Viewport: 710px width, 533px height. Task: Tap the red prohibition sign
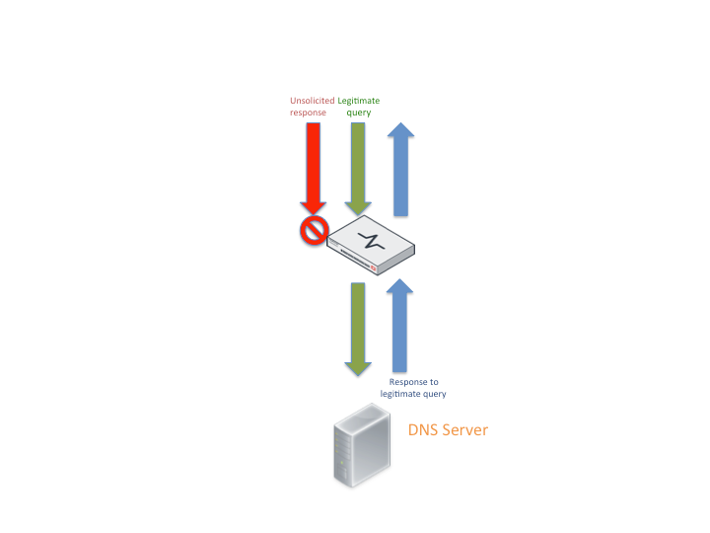[x=314, y=232]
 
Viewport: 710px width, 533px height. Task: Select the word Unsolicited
[x=312, y=101]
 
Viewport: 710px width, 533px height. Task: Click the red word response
[x=308, y=113]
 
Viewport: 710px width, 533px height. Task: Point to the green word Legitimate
[x=359, y=101]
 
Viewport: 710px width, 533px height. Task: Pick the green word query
[x=359, y=113]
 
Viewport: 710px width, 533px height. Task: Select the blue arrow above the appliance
[x=400, y=173]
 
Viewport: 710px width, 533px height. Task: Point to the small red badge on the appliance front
[x=374, y=266]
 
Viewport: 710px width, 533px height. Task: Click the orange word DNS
[x=424, y=430]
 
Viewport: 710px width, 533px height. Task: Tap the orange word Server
[x=464, y=430]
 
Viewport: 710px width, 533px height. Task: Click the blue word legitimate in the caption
[x=401, y=394]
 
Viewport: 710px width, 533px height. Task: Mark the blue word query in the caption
[x=435, y=394]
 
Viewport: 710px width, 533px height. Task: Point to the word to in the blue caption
[x=435, y=382]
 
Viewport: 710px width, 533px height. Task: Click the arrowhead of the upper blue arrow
[x=400, y=135]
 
